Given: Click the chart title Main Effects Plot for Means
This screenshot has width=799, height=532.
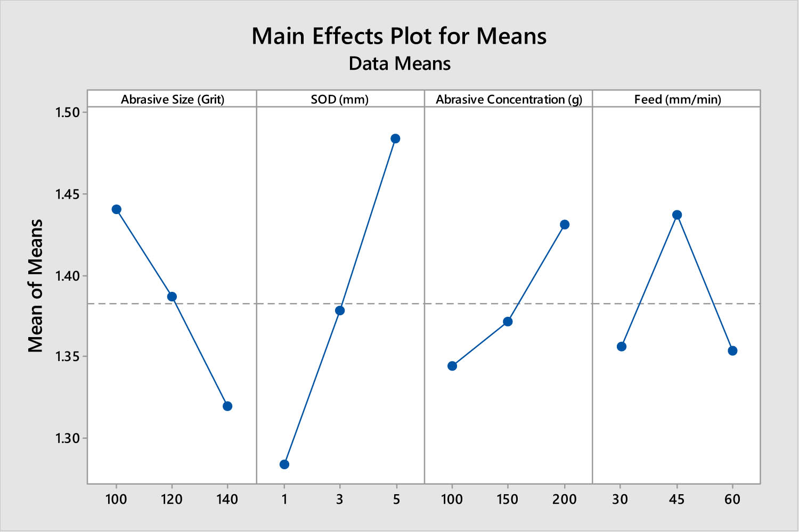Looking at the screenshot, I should (x=399, y=36).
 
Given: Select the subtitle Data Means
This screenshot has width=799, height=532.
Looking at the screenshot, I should (x=399, y=64).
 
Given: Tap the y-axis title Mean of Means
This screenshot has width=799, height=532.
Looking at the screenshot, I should (x=35, y=286).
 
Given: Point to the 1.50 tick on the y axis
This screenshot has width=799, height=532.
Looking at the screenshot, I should (x=67, y=112).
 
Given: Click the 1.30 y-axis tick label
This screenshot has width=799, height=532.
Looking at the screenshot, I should (x=67, y=438).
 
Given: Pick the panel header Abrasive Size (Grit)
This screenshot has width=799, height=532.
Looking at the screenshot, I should (x=172, y=99).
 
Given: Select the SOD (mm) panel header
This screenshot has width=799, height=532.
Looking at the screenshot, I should (x=340, y=99).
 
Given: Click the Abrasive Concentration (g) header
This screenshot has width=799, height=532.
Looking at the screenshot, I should (x=509, y=99).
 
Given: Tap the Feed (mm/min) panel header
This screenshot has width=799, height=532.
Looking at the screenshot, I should (x=677, y=99).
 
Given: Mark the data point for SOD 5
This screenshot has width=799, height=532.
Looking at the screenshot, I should (x=395, y=138).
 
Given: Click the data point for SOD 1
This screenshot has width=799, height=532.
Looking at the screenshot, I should (x=284, y=464).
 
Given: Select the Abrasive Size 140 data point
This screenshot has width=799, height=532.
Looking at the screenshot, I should (x=227, y=406).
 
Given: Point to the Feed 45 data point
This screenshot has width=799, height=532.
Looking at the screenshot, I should (x=677, y=215).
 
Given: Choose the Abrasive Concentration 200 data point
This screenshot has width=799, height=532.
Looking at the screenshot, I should (x=565, y=225).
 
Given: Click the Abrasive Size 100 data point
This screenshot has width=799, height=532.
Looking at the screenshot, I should (x=117, y=209).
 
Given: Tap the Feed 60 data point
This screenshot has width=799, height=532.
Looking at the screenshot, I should (x=732, y=350).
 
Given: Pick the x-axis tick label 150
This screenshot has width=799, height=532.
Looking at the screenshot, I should (x=507, y=500).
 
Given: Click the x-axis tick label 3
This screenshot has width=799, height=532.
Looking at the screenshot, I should (x=340, y=500).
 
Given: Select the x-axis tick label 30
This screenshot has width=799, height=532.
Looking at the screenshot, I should (x=620, y=500).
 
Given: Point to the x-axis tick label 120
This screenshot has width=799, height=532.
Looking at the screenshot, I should (x=172, y=500).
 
